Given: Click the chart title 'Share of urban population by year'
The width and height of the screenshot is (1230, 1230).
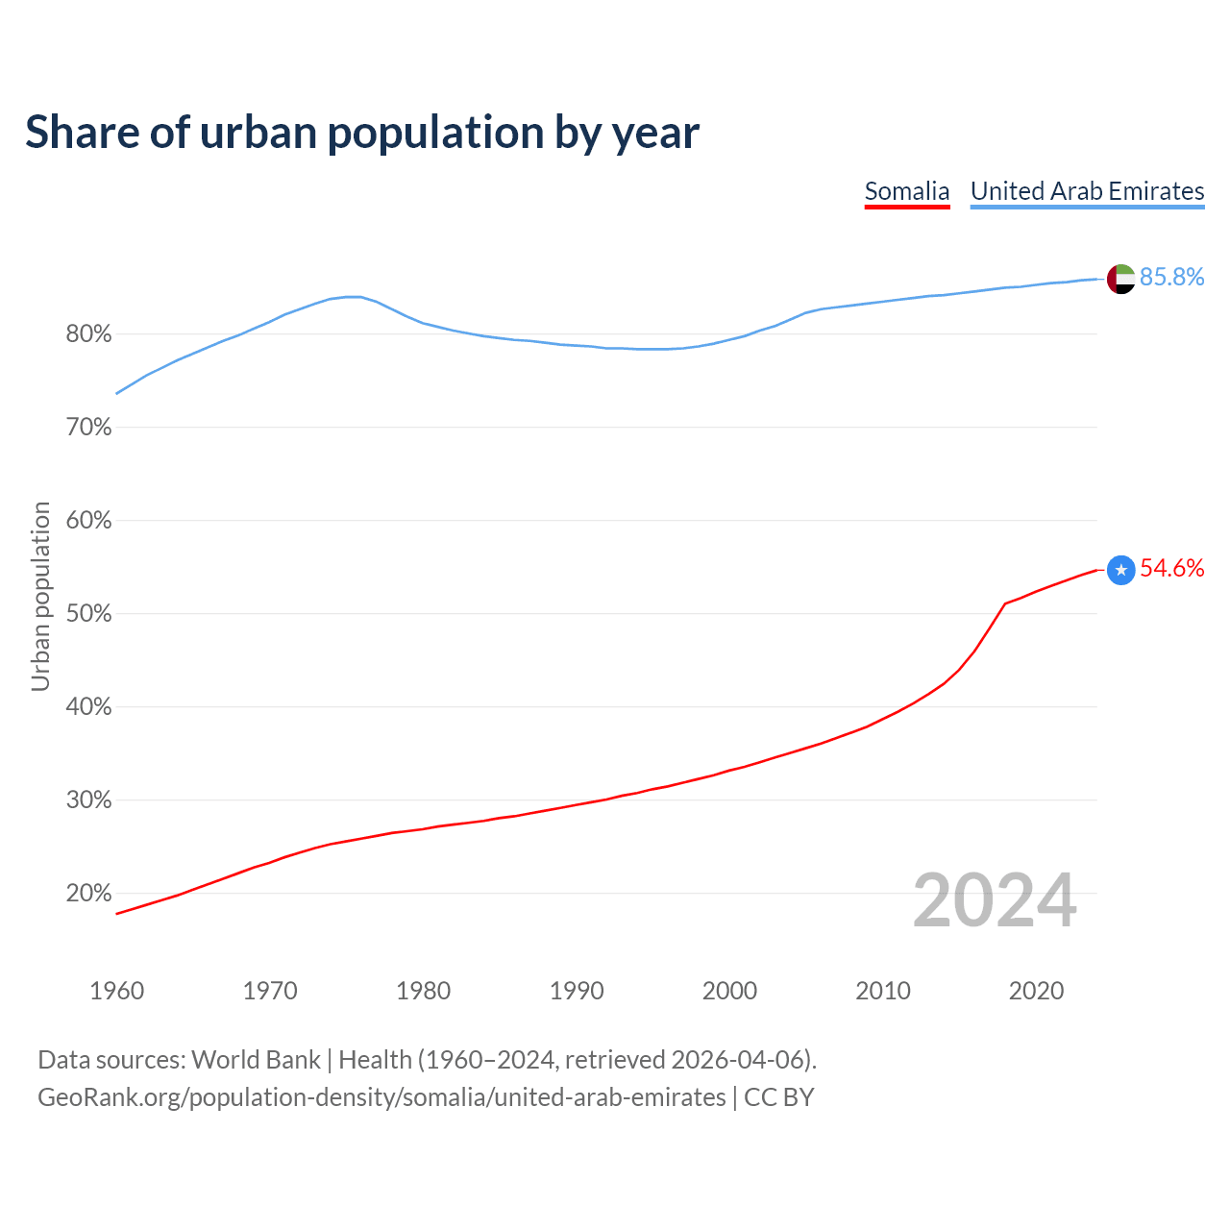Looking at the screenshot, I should click(362, 133).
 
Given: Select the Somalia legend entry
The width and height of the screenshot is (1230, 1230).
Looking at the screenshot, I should click(906, 191).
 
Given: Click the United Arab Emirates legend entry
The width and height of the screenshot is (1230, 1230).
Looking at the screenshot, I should click(1087, 191).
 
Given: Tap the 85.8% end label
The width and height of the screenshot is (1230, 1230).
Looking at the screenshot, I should click(1171, 278).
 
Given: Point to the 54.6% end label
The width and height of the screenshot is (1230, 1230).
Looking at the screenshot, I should click(1171, 569).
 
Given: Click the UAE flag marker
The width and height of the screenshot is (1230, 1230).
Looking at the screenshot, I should click(1120, 279).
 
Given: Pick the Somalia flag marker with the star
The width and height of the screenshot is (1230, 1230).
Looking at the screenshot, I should click(1120, 570).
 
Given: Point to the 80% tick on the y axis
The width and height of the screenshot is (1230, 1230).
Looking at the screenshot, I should click(88, 334).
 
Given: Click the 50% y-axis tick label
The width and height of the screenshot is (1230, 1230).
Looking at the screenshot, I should click(88, 614).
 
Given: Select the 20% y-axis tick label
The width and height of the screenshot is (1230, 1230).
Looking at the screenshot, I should click(88, 894).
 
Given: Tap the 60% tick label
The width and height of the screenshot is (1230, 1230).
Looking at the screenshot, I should click(88, 521).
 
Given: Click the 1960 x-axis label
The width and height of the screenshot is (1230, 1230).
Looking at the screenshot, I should click(116, 991).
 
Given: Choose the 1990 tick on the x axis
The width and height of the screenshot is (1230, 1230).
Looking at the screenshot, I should click(577, 991).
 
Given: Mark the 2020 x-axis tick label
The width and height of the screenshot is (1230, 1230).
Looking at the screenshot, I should click(1036, 991).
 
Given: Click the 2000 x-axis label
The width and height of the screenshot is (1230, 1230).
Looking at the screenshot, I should click(729, 991).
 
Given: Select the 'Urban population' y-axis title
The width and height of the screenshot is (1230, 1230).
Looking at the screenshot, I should click(40, 596).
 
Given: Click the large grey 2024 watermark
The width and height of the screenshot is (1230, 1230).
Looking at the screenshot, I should click(994, 900).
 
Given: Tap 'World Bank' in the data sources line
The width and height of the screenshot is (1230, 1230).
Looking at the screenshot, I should click(256, 1060).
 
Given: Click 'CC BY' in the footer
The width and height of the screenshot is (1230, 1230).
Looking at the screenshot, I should click(778, 1097).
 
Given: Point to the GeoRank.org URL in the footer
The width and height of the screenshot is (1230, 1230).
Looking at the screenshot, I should click(381, 1097).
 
